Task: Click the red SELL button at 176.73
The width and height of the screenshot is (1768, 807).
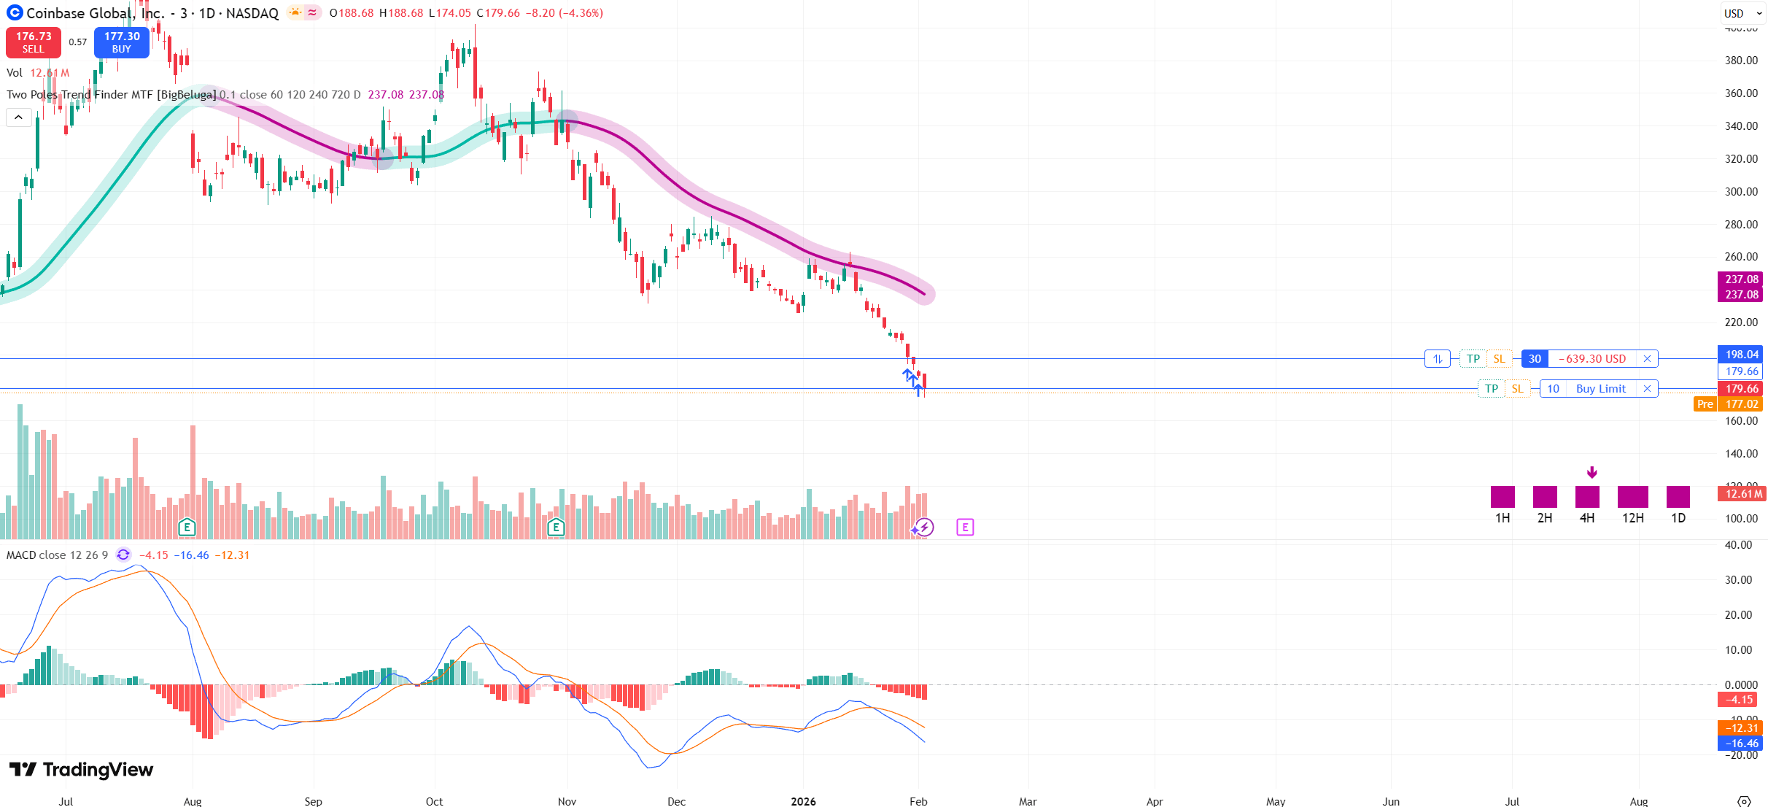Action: click(x=33, y=42)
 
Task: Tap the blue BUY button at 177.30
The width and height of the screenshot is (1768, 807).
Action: click(x=122, y=42)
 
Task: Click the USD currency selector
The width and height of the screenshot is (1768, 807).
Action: click(x=1742, y=13)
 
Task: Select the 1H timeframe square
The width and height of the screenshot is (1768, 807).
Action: click(x=1503, y=497)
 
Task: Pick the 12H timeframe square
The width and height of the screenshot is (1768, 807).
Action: click(x=1632, y=497)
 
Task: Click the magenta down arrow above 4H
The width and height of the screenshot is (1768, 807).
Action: click(x=1591, y=472)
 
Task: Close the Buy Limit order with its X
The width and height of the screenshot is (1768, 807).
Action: click(x=1647, y=389)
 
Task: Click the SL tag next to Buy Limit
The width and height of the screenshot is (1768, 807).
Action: click(x=1517, y=389)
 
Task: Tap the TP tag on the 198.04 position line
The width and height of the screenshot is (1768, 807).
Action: click(x=1473, y=359)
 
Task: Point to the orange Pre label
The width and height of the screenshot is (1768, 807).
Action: click(x=1705, y=404)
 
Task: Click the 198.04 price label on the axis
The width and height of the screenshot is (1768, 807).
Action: click(x=1741, y=355)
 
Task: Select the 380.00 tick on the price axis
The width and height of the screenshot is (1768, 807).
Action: click(x=1741, y=61)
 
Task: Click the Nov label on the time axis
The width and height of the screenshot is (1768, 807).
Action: click(x=567, y=801)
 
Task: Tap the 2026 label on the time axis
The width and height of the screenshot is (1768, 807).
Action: click(x=803, y=801)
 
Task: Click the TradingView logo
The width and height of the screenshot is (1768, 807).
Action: click(x=81, y=770)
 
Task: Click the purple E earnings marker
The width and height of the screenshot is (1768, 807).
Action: click(x=964, y=527)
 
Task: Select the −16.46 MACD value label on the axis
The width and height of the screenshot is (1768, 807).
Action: click(x=1741, y=744)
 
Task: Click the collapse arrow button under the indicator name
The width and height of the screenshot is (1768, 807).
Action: click(x=18, y=117)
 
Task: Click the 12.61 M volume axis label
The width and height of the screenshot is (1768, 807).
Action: click(x=1741, y=494)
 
